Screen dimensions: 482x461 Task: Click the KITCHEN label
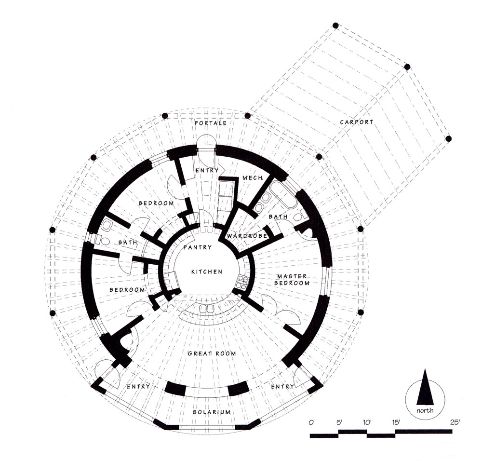pyautogui.click(x=207, y=272)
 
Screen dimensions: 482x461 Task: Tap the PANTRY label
pyautogui.click(x=197, y=247)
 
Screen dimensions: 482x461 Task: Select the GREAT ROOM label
pyautogui.click(x=212, y=353)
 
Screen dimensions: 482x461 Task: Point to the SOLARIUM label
pyautogui.click(x=212, y=412)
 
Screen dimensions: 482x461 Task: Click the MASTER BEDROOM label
pyautogui.click(x=292, y=280)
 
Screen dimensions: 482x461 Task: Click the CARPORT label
pyautogui.click(x=357, y=122)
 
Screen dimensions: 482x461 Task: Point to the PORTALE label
pyautogui.click(x=211, y=123)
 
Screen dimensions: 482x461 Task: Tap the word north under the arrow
pyautogui.click(x=425, y=410)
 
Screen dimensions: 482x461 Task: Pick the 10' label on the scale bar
pyautogui.click(x=366, y=422)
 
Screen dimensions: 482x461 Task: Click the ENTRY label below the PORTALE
pyautogui.click(x=207, y=170)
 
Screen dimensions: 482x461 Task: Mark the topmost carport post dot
pyautogui.click(x=335, y=25)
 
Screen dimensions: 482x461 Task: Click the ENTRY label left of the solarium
pyautogui.click(x=138, y=386)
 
